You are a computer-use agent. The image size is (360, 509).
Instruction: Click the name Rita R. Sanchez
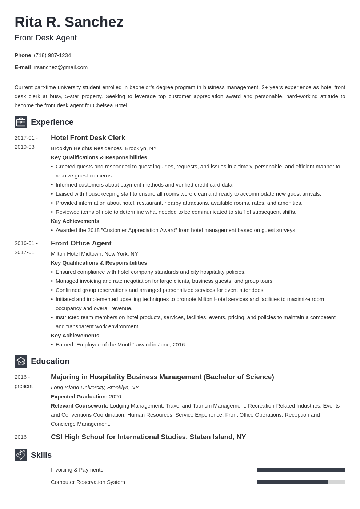click(x=69, y=22)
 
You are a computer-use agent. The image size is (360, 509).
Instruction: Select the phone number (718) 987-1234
click(x=52, y=55)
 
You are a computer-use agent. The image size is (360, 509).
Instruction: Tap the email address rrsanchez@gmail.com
click(x=60, y=67)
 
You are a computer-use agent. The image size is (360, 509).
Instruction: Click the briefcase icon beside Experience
click(x=21, y=122)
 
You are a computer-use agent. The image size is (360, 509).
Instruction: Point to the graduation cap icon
click(x=21, y=361)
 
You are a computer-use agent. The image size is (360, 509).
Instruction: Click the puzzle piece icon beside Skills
click(x=21, y=455)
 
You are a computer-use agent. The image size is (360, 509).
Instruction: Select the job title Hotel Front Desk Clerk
click(x=88, y=138)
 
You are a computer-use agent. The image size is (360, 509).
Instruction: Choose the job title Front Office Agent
click(x=81, y=243)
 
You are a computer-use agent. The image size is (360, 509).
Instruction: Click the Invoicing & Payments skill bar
click(x=301, y=470)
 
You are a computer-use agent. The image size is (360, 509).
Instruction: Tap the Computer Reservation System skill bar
click(x=301, y=482)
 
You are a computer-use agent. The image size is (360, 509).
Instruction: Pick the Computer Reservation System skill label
click(x=88, y=482)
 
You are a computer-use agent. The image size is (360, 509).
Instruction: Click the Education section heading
click(x=50, y=361)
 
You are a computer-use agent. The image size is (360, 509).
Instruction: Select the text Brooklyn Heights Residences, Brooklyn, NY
click(x=104, y=148)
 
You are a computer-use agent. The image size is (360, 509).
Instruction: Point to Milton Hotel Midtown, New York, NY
click(x=95, y=254)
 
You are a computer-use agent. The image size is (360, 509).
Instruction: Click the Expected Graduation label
click(x=79, y=397)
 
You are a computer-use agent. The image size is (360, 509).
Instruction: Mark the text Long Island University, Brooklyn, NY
click(x=95, y=388)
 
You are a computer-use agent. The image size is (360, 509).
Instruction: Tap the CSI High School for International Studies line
click(x=148, y=437)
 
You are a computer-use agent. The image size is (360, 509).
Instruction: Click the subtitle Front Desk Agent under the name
click(x=45, y=38)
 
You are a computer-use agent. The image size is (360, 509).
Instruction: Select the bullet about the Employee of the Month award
click(x=121, y=345)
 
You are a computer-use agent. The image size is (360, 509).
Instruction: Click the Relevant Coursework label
click(x=80, y=406)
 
